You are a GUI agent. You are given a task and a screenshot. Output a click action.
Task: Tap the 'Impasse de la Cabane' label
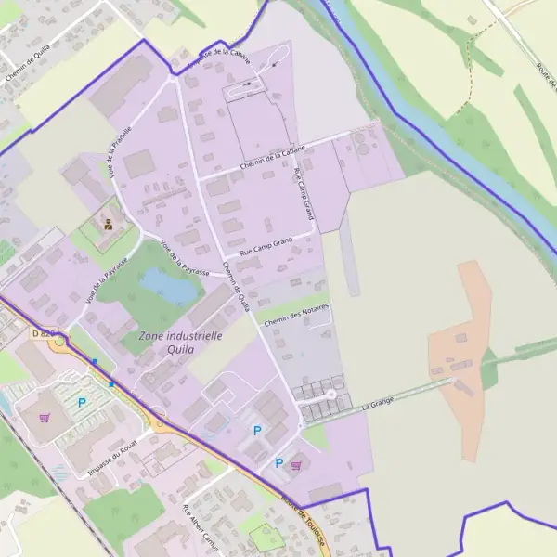[219, 57]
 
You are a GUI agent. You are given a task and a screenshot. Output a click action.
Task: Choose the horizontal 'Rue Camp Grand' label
[266, 245]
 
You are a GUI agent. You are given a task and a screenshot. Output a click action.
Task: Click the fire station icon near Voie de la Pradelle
[110, 223]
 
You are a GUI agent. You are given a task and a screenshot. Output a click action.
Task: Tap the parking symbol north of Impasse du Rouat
[82, 402]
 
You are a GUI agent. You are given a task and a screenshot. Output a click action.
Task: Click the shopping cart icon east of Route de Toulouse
[296, 465]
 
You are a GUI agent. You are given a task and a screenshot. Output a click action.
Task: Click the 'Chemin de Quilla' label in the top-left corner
[28, 66]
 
